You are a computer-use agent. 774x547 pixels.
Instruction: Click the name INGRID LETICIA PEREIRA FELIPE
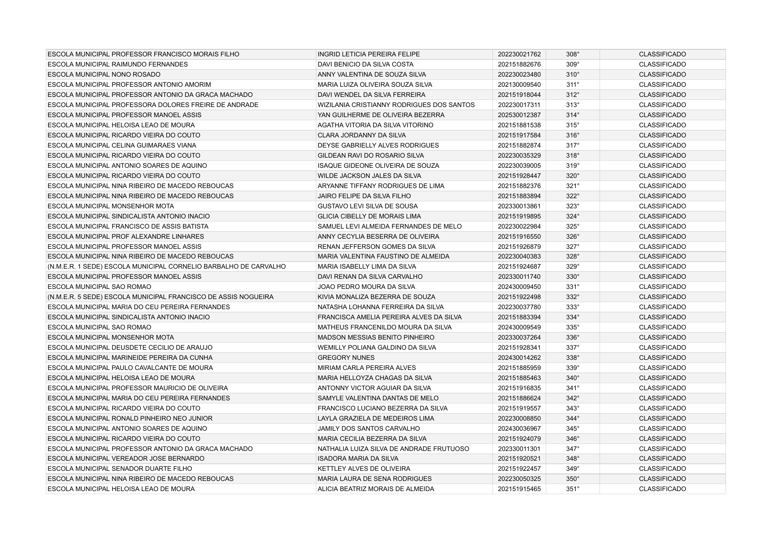(x=369, y=54)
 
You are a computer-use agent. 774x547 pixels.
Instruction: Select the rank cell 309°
(x=573, y=64)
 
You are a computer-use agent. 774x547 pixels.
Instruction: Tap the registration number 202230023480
(x=519, y=74)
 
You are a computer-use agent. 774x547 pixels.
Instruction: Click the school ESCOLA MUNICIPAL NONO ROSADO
(x=104, y=74)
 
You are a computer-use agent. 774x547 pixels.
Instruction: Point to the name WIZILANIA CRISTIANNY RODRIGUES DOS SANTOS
(x=396, y=105)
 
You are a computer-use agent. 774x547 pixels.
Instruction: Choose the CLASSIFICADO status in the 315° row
(x=662, y=125)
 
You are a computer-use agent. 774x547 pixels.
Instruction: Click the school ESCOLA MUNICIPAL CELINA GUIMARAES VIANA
(x=122, y=145)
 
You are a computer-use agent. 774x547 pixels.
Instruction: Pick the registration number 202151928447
(x=519, y=176)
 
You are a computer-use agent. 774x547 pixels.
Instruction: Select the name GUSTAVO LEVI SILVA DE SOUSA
(x=367, y=206)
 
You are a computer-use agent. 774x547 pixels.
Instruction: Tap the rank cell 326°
(x=573, y=237)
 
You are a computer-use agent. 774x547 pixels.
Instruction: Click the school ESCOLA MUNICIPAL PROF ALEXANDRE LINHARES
(x=126, y=237)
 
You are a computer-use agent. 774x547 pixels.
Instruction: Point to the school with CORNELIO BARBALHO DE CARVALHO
(x=167, y=266)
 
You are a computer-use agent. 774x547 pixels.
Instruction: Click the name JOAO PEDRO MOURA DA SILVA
(x=366, y=287)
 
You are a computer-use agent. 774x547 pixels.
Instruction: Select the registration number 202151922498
(x=519, y=297)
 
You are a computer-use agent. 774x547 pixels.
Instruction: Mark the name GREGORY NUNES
(x=346, y=358)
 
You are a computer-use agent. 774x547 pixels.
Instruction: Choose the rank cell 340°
(x=573, y=378)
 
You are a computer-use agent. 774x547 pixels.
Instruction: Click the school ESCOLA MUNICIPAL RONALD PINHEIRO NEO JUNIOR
(x=130, y=418)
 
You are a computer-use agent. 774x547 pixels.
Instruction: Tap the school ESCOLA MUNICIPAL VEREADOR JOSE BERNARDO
(x=126, y=458)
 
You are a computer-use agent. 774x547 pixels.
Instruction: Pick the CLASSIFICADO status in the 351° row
(x=662, y=489)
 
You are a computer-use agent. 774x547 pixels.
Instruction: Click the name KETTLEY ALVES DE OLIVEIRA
(x=364, y=469)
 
